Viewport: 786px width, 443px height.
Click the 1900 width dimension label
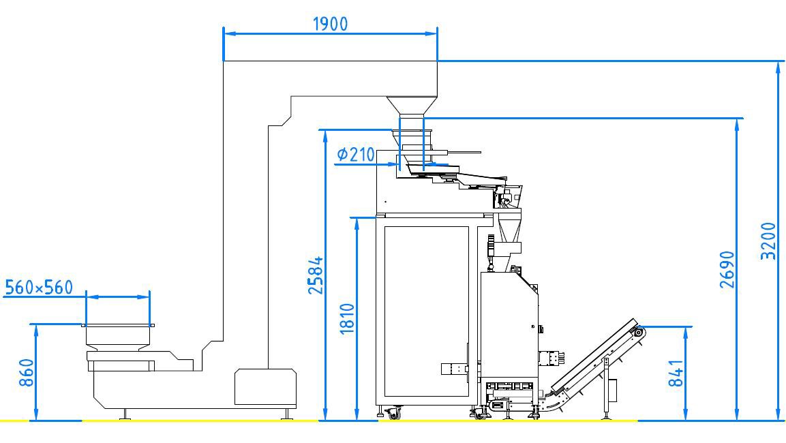point(330,24)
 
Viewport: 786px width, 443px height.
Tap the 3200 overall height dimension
point(768,241)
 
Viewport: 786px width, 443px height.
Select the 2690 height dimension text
point(727,270)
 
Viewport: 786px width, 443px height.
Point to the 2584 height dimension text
point(316,275)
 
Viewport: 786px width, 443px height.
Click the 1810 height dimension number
point(347,319)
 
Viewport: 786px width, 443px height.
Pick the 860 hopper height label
point(26,373)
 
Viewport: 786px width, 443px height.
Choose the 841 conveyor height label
point(676,373)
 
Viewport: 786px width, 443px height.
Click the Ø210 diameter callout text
point(356,154)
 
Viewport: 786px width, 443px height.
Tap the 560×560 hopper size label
point(39,287)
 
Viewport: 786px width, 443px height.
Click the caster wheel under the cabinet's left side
point(393,413)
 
